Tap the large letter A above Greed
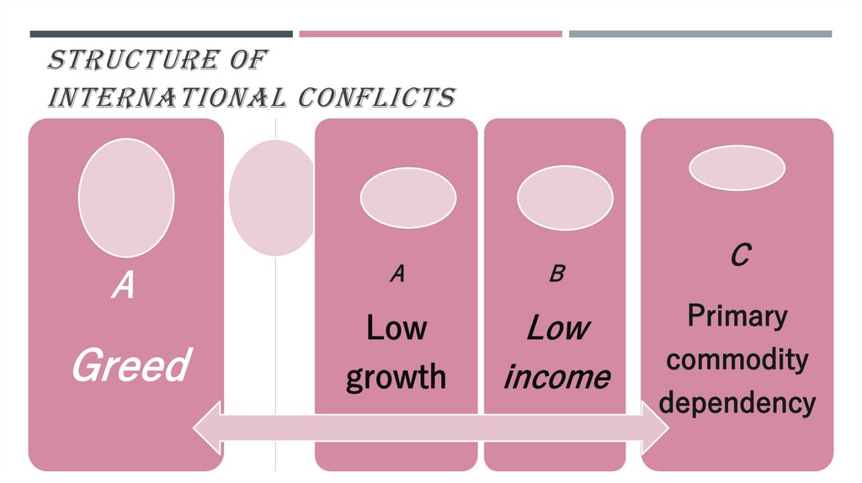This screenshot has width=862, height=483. [x=123, y=286]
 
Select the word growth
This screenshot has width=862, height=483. [x=396, y=376]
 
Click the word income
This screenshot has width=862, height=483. [x=556, y=376]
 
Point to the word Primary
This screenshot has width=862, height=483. [x=737, y=316]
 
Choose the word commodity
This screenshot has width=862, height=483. [x=737, y=360]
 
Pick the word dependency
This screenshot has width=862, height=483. [x=737, y=402]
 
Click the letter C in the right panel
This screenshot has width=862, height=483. [x=738, y=255]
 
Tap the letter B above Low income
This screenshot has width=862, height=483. [x=556, y=273]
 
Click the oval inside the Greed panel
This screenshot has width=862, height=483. [x=126, y=197]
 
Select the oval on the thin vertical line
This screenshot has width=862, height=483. [x=271, y=197]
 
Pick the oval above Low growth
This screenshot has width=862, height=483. [x=407, y=199]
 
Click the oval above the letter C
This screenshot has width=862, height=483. [x=737, y=168]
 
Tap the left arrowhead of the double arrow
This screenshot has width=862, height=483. [x=206, y=433]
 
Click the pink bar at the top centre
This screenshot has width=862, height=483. [x=430, y=34]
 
